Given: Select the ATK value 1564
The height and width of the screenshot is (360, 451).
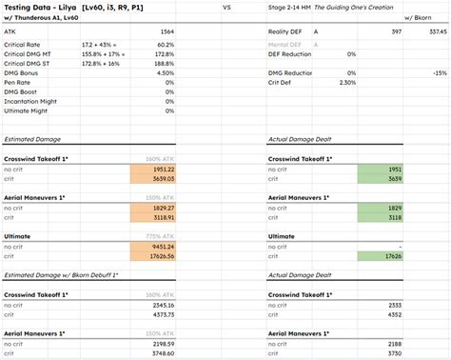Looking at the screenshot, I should click(165, 31).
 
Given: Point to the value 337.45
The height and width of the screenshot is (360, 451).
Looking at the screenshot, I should click(436, 31).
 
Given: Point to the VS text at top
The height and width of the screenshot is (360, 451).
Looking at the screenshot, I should click(225, 7).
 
